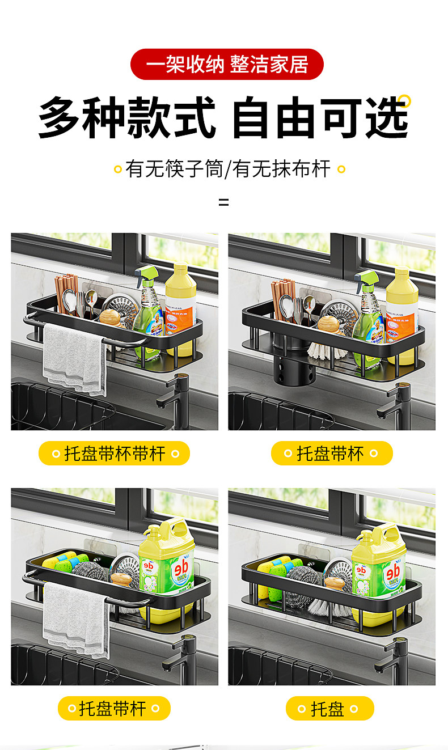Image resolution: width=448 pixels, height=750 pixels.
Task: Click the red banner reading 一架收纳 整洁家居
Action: click(227, 64)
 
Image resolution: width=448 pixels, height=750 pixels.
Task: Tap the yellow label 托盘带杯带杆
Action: click(114, 454)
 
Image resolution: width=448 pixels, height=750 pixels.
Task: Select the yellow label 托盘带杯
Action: click(332, 454)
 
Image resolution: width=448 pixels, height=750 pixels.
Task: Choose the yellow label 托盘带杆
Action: click(114, 708)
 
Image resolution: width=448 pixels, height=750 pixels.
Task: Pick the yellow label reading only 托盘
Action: click(329, 708)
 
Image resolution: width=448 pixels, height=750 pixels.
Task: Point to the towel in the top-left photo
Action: click(74, 358)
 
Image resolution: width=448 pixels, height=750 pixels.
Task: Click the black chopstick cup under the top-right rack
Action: click(293, 365)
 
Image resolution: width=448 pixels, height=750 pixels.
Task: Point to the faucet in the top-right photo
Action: click(396, 407)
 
